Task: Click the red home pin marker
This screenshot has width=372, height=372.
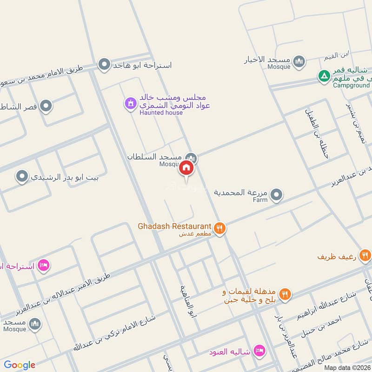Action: point(186,168)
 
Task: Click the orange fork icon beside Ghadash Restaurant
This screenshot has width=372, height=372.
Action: point(220,228)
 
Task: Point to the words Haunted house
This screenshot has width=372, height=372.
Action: point(161,113)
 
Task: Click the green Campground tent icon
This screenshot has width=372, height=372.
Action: point(323,75)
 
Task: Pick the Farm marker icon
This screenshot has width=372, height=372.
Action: point(277,195)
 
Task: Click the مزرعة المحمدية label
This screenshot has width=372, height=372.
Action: point(241,192)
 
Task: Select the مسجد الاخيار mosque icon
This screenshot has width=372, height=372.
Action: point(299,61)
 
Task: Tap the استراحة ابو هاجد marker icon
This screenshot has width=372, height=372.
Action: point(104,65)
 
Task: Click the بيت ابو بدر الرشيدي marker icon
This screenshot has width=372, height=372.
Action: point(21,177)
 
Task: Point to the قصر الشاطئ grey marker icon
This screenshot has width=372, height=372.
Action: point(46,106)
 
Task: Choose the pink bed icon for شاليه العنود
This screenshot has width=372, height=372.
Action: point(259,350)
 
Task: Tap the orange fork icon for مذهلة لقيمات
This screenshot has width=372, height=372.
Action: point(285,293)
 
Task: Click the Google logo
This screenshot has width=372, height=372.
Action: point(20,365)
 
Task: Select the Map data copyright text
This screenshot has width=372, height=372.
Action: point(347,367)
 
